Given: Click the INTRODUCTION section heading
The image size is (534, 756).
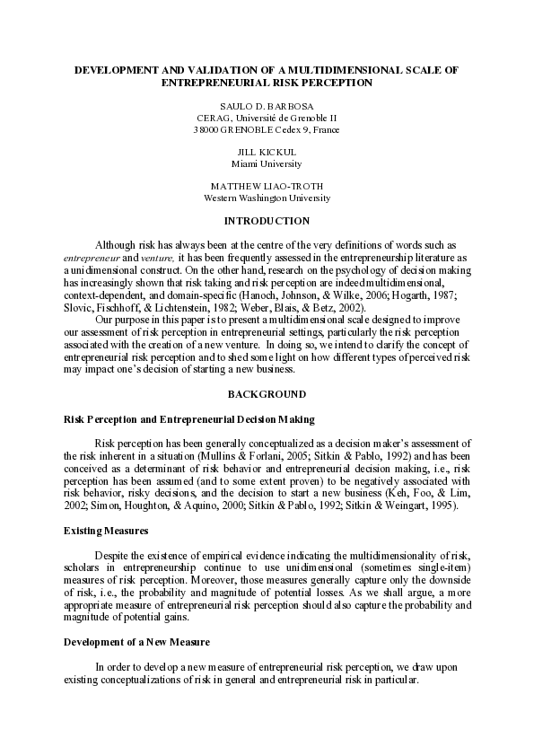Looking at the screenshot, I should pyautogui.click(x=267, y=221).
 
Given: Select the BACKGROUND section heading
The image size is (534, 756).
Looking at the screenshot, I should pyautogui.click(x=267, y=394).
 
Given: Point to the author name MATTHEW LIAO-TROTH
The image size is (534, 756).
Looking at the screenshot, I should pyautogui.click(x=267, y=186).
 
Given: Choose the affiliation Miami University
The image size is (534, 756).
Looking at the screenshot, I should pyautogui.click(x=267, y=163).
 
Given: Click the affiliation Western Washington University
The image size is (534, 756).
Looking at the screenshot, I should pyautogui.click(x=267, y=198).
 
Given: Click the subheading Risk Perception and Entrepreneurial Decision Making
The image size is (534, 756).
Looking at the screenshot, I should pyautogui.click(x=188, y=419).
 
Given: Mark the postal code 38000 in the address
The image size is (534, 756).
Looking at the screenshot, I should pyautogui.click(x=206, y=129).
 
